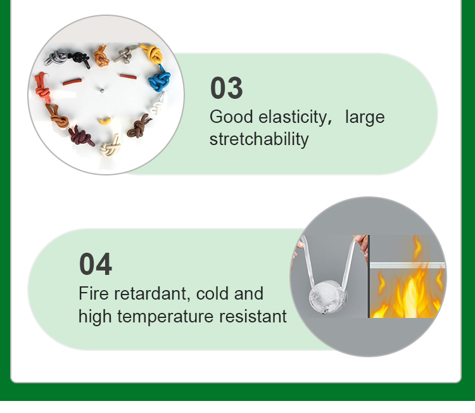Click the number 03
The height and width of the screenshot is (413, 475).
coord(226,89)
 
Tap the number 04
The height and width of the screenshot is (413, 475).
coord(95,264)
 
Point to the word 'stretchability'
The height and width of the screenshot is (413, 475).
coord(258,139)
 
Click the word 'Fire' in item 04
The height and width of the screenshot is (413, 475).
coord(92,294)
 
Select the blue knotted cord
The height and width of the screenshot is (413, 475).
coord(160,80)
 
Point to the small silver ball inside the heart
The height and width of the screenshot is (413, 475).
coord(99,89)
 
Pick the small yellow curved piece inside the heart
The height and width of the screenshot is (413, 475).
coord(104,119)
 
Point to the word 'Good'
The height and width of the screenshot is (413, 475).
coord(226,117)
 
